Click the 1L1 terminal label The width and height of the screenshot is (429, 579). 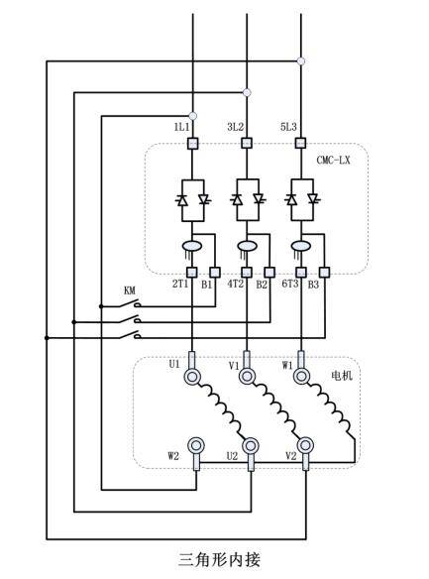tap(181, 127)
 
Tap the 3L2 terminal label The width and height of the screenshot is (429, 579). tap(236, 127)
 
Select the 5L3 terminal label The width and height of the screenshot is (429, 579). tap(288, 127)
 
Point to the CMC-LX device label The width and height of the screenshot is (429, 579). tap(333, 161)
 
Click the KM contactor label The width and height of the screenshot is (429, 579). tap(130, 290)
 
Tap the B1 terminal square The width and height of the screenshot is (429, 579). tap(215, 273)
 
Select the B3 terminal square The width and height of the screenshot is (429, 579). tap(325, 273)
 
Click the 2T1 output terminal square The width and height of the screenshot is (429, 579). tap(192, 273)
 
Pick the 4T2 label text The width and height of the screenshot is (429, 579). tap(236, 284)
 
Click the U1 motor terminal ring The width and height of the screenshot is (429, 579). tap(192, 377)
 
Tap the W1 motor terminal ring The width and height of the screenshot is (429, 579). tap(301, 377)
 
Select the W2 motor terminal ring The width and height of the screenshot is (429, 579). tap(196, 446)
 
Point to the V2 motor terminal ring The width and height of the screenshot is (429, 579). tap(305, 446)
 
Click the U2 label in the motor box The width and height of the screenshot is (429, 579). tap(232, 456)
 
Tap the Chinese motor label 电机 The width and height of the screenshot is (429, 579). tap(342, 376)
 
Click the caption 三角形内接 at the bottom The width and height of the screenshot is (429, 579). tap(220, 559)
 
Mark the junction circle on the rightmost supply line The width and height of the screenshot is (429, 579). tap(301, 60)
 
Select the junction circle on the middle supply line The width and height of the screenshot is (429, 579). tap(247, 92)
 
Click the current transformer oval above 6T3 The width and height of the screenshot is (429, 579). tap(301, 246)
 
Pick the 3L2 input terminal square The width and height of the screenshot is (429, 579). tap(247, 143)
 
